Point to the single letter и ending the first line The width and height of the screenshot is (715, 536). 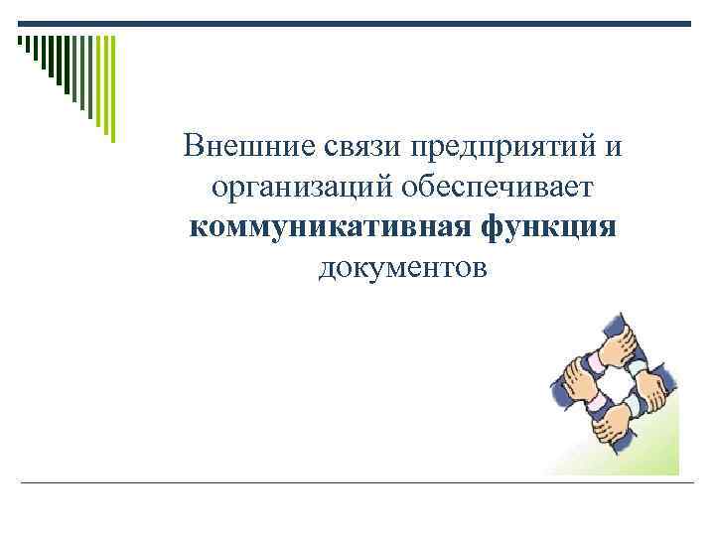point(613,148)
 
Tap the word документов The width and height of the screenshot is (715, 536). point(402,266)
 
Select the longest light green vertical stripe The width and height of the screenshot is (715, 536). point(111,88)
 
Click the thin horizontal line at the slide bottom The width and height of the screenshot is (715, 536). point(357,482)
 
